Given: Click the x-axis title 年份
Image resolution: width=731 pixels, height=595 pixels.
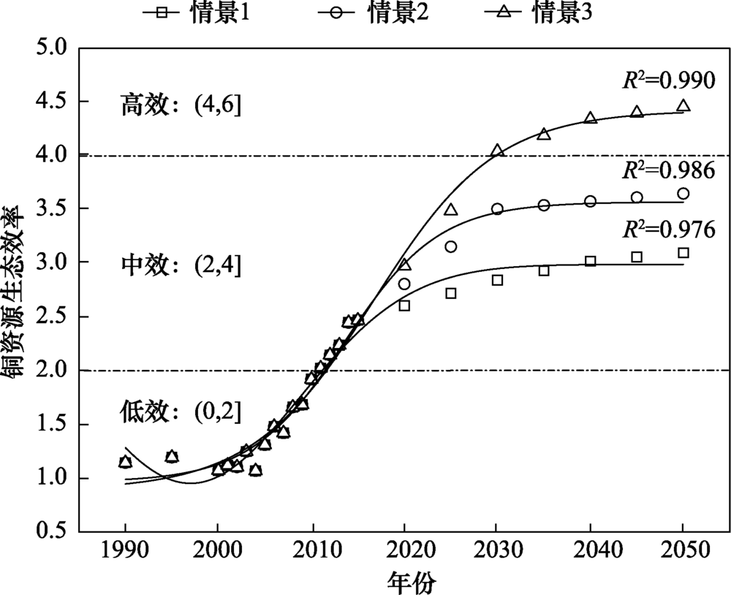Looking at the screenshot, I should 412,581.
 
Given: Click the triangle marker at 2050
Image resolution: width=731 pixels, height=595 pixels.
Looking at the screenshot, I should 683,106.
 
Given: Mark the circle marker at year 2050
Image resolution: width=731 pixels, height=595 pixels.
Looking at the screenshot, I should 683,194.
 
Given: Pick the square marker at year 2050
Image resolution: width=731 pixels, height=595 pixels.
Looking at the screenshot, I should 683,253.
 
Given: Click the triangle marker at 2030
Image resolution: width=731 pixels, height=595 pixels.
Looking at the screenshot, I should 498,150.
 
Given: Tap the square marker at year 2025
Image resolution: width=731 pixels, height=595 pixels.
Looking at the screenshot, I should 451,293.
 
